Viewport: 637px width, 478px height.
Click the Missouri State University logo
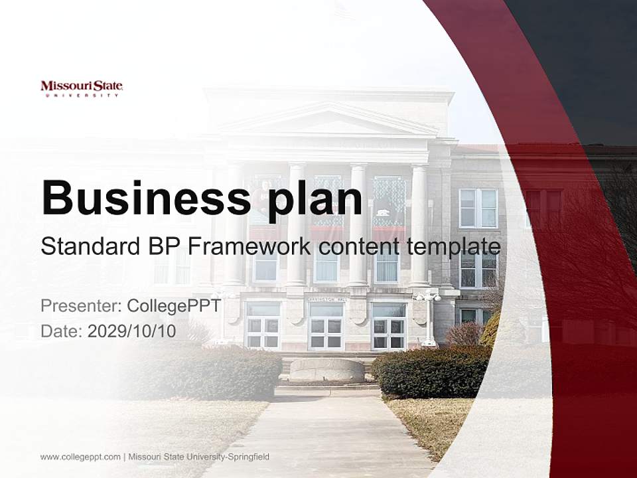click(82, 88)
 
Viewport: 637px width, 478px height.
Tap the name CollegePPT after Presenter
click(174, 306)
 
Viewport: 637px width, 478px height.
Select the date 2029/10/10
click(132, 331)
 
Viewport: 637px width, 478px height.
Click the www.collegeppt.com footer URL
click(80, 457)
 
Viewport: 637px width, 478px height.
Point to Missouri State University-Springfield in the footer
click(199, 457)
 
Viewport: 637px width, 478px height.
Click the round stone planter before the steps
click(326, 369)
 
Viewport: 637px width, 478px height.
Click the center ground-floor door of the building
click(326, 327)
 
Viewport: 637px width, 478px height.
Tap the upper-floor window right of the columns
click(478, 208)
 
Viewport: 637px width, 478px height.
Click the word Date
click(61, 331)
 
